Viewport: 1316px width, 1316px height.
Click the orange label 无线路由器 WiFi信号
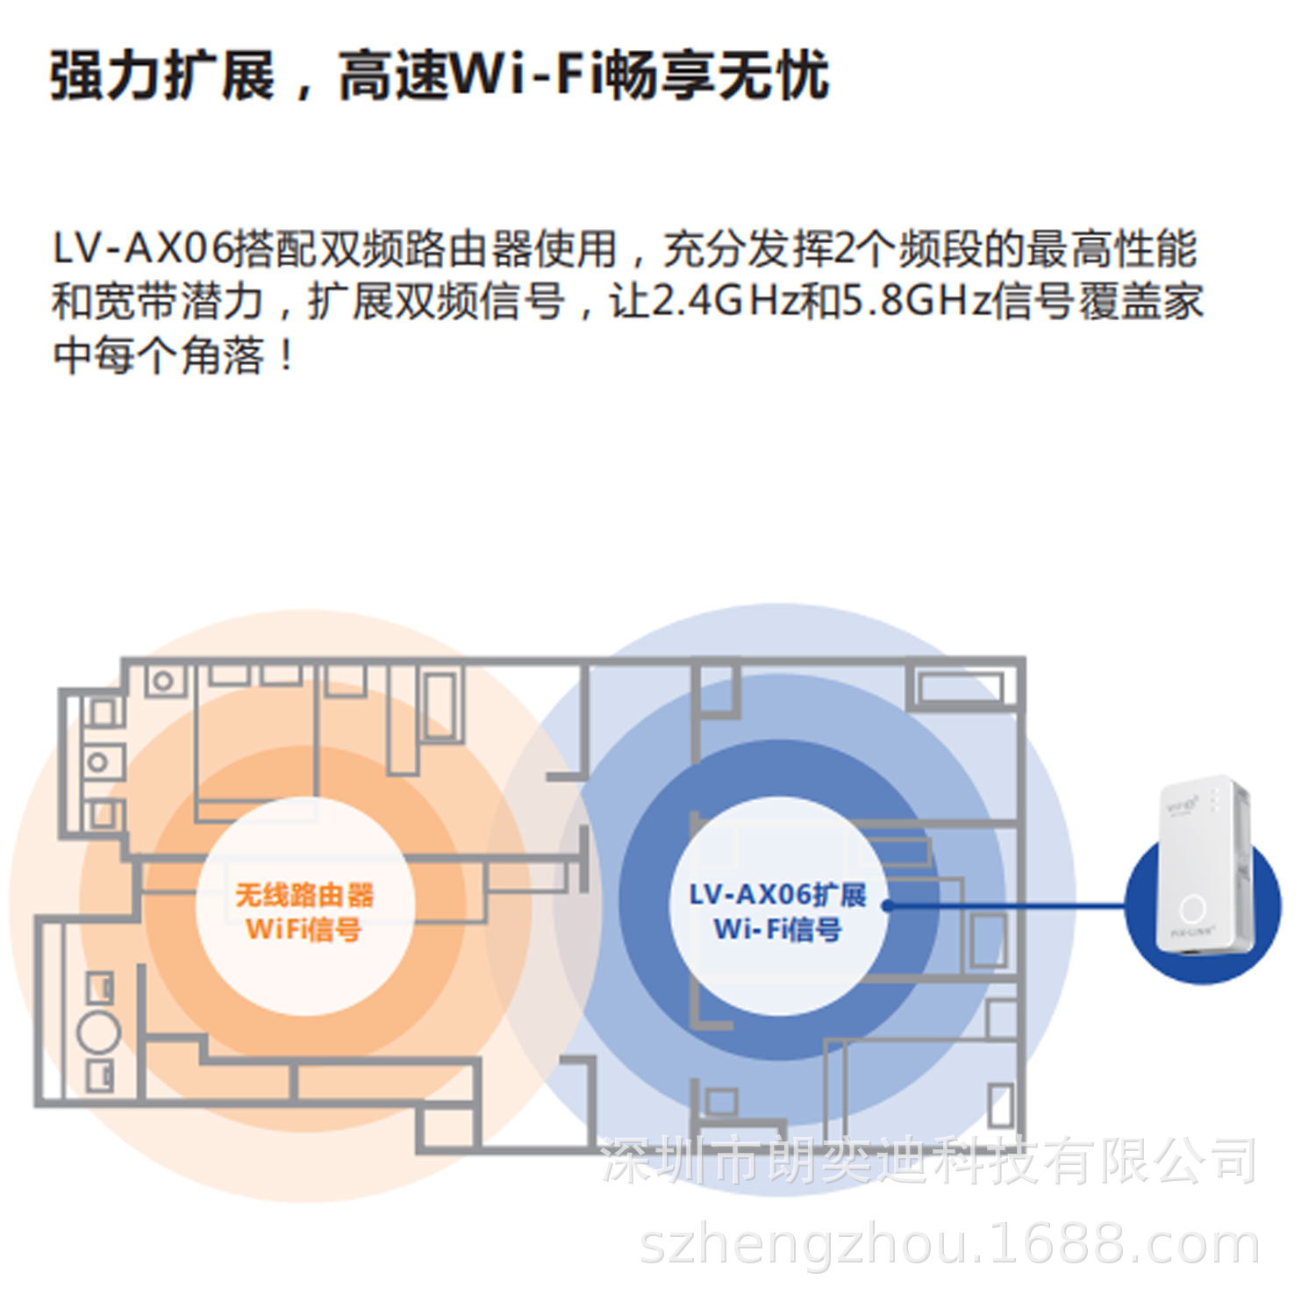click(x=304, y=912)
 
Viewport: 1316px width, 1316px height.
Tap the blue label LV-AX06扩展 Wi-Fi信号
click(x=777, y=912)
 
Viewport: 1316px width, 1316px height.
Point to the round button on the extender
click(x=1192, y=909)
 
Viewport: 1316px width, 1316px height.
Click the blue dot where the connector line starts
click(x=887, y=905)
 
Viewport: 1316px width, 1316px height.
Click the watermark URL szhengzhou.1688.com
click(x=949, y=1245)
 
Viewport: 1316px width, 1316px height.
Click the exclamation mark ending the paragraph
click(x=286, y=355)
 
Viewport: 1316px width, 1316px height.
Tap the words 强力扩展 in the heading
click(x=163, y=75)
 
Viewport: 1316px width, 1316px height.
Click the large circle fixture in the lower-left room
click(x=98, y=1033)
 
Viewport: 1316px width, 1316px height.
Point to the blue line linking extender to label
click(x=1009, y=905)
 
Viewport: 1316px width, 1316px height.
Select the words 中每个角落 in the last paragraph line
click(x=158, y=356)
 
